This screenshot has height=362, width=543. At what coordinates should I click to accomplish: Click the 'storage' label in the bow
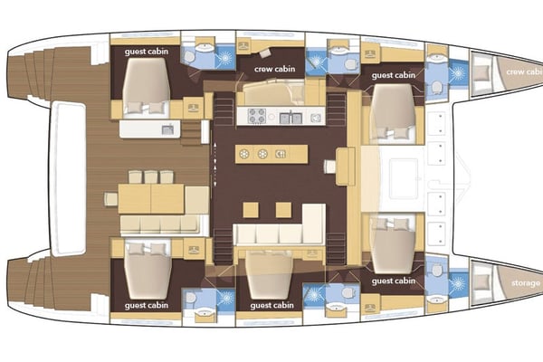(525, 283)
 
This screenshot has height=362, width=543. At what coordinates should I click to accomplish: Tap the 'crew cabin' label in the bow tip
(524, 71)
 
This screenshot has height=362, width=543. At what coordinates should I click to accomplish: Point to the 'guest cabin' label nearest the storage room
(394, 281)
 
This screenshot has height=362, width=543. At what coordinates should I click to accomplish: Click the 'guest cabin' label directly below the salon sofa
(273, 306)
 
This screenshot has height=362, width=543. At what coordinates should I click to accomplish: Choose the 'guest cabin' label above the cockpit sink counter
(146, 52)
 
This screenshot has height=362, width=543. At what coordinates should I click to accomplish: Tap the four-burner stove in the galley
(256, 116)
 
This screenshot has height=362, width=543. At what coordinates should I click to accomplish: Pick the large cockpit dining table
(150, 197)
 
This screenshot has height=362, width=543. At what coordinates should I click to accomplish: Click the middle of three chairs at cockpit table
(151, 176)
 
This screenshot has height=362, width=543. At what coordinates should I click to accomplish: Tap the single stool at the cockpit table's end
(110, 198)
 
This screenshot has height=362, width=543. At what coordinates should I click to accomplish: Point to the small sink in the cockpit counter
(167, 130)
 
